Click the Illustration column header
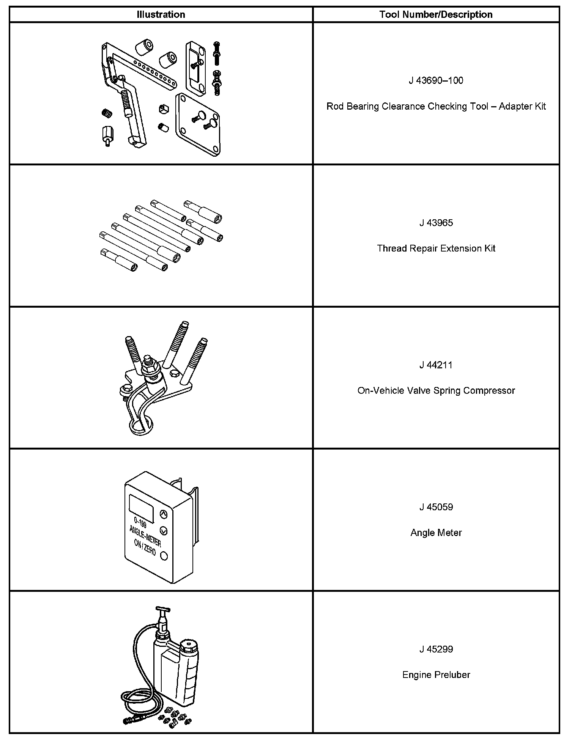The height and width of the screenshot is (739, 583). [161, 14]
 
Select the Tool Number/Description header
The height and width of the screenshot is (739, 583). [436, 14]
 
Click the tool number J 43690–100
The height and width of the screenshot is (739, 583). [436, 80]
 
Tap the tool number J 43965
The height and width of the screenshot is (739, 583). [436, 223]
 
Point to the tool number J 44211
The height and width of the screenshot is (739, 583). [436, 365]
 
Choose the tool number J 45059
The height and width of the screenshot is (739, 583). [436, 507]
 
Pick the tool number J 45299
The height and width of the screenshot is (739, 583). [436, 649]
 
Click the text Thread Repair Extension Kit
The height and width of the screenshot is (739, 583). [436, 248]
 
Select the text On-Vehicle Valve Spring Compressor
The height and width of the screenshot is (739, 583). [436, 390]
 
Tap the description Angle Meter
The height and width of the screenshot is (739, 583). [436, 533]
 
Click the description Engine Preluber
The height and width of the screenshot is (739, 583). [436, 675]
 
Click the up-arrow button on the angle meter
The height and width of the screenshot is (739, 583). [164, 514]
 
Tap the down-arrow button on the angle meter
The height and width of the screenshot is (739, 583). [164, 530]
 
